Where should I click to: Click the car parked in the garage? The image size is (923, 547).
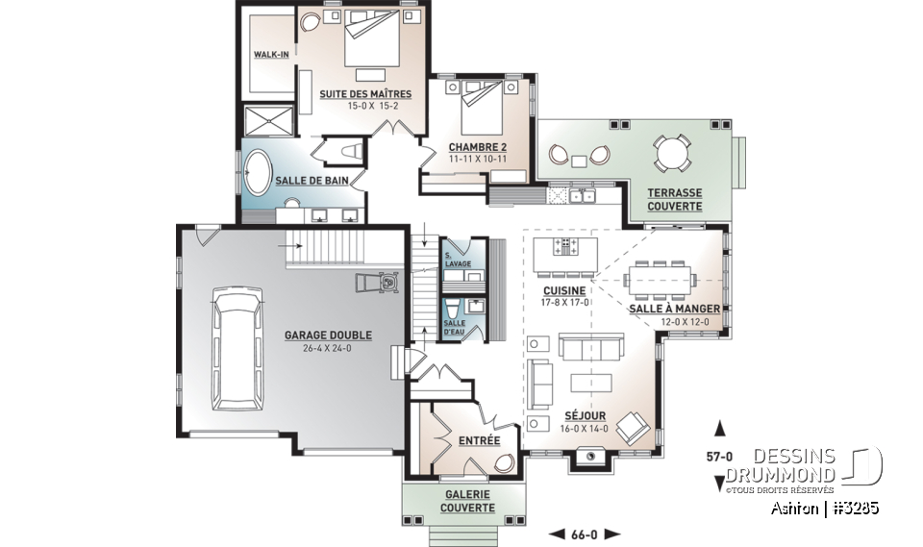coord(237,349)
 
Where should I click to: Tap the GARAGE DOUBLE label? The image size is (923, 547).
coord(328,336)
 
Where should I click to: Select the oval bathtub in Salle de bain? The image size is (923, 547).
coord(257,173)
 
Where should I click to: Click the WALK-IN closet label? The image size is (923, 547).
coord(271,54)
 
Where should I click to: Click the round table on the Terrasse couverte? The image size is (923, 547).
coord(672,154)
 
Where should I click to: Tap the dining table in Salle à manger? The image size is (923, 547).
coord(660,279)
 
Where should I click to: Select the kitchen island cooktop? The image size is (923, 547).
coord(565,246)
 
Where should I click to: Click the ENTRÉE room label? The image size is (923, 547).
coord(479,440)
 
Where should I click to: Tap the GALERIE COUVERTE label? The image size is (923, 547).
coord(467,501)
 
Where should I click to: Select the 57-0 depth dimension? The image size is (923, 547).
coord(719,457)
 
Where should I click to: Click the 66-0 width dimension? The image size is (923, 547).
coord(584,535)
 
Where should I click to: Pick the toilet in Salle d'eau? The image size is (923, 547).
coord(453,308)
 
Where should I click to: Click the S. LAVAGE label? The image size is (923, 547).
coord(458,260)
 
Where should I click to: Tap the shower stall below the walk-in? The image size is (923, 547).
coord(268,121)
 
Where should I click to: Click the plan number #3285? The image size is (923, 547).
coord(857,509)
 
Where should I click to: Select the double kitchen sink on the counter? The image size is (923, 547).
coord(582,195)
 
